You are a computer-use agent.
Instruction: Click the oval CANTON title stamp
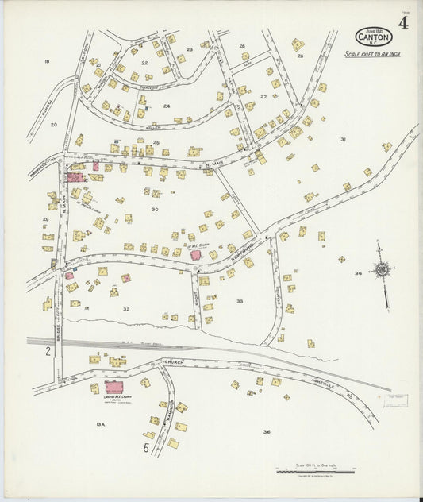click(373, 37)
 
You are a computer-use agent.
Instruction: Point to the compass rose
click(383, 271)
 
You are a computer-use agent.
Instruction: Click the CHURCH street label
click(173, 362)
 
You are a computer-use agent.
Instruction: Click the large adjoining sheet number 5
click(146, 448)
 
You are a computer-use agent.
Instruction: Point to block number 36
click(267, 431)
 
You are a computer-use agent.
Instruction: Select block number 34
click(359, 273)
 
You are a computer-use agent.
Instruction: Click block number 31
click(343, 139)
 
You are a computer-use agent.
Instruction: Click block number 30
click(155, 209)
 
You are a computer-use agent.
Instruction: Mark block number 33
click(240, 301)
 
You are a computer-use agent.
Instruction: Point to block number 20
click(54, 124)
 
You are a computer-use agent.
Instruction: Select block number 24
click(167, 105)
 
